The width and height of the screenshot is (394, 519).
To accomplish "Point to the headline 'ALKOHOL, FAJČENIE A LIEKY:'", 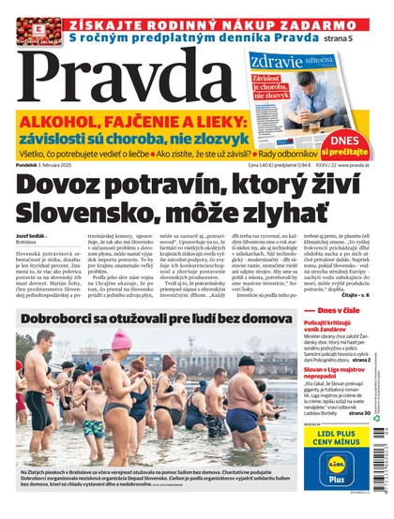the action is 140,123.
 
